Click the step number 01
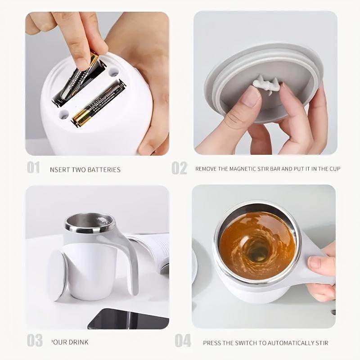(33, 168)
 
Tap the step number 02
(179, 168)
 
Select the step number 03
(34, 341)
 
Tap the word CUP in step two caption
(333, 169)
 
